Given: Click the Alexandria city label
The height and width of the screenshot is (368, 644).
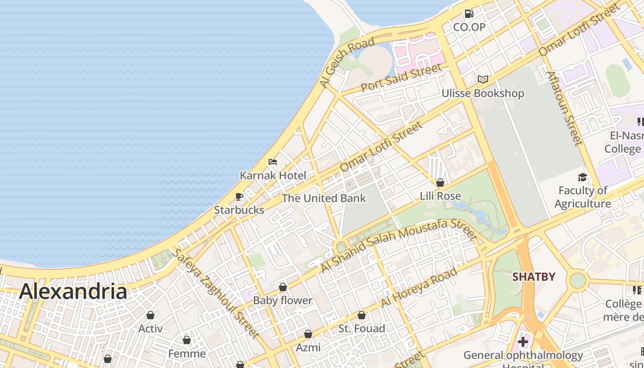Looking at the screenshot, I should pos(73,292).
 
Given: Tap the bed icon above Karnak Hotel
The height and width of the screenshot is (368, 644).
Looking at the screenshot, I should pos(273,162).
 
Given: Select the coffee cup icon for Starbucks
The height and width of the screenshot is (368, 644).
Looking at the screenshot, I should pos(239,197).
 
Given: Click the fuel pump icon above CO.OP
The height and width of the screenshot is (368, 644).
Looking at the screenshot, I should pos(469,14).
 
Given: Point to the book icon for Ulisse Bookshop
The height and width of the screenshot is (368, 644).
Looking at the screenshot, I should pos(483,79).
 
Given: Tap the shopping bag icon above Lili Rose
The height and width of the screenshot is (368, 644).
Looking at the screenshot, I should pos(440,183).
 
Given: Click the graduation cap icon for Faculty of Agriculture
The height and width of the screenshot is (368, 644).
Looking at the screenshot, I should pos(582,177).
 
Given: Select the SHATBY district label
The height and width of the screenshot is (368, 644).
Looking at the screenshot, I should pos(534,277).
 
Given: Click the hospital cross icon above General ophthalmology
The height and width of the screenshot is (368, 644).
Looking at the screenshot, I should pos(523,341).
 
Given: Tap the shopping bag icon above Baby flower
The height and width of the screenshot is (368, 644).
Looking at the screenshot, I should pos(283,287).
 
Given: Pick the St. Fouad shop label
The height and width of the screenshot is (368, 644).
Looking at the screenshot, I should pos(362,328).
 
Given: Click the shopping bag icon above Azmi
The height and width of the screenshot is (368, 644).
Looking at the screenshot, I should pos(308,334).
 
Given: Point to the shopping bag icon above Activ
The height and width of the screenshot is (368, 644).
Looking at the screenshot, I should pos(150,315).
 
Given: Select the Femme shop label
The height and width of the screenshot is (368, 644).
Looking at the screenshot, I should pos(187,354).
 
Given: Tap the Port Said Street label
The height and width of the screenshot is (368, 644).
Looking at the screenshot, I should pos(401,78).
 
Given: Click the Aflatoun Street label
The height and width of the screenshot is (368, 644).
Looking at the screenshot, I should pos(564,108).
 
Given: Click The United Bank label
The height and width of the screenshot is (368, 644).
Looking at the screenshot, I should pos(324,198).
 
